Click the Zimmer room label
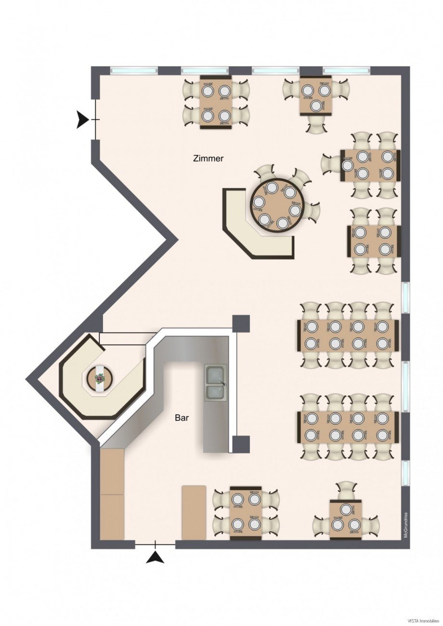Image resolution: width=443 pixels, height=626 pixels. coord(208,159)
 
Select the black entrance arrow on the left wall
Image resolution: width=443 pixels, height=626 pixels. coord(83,120)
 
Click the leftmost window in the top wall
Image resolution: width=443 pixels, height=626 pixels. coord(134,70)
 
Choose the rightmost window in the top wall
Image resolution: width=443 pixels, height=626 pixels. coord(347,70)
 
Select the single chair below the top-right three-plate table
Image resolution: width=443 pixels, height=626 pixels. coord(316,125)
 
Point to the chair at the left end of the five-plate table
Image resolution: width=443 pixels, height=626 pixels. coord(332,165)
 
